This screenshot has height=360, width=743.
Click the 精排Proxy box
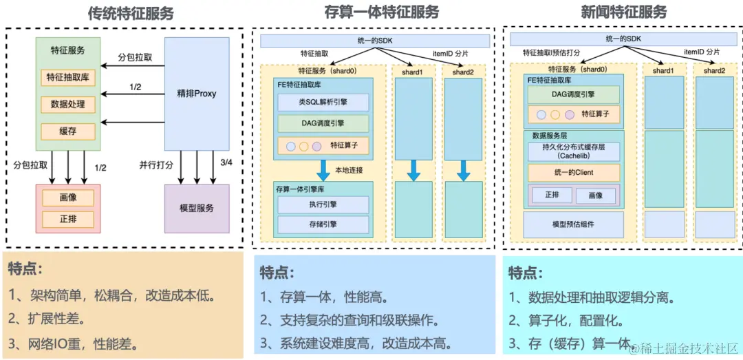[196, 94]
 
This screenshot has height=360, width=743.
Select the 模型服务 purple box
[196, 208]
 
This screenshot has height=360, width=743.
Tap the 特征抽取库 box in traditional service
[68, 77]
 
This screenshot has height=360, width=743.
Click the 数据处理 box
[68, 104]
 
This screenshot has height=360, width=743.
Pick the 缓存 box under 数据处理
[68, 131]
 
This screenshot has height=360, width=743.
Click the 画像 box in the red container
[68, 198]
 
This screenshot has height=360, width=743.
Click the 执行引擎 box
[323, 204]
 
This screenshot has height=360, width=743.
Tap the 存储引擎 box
[323, 224]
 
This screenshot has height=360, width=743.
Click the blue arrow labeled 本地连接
[323, 170]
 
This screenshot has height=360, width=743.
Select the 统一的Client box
[574, 172]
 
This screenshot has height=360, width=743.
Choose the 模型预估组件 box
[574, 224]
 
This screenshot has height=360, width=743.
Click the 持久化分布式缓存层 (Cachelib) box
[574, 151]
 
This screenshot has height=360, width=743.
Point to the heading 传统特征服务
[131, 12]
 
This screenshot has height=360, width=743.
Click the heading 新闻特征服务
[623, 12]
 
